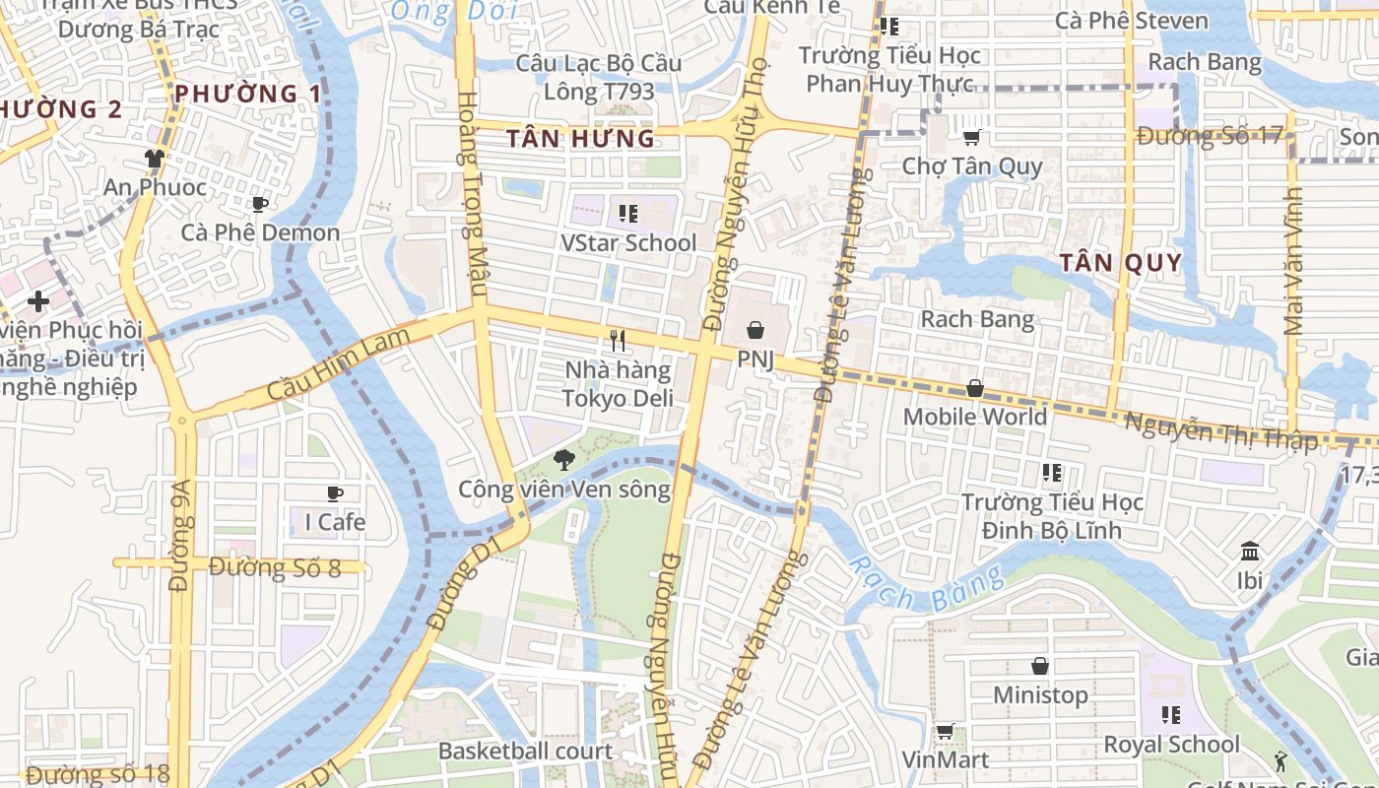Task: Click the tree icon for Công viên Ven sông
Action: click(564, 458)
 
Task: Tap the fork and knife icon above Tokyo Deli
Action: click(618, 341)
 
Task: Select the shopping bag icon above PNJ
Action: click(755, 329)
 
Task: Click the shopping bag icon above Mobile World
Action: click(974, 388)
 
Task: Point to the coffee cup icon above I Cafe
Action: click(335, 492)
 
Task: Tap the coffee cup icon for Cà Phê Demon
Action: click(260, 204)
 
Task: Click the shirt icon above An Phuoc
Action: click(155, 158)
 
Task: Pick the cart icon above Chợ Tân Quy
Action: click(971, 137)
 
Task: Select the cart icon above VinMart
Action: click(945, 731)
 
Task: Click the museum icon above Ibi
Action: click(1250, 551)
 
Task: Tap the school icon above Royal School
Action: click(1171, 714)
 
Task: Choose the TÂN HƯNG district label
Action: click(580, 139)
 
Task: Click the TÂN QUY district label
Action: click(1120, 262)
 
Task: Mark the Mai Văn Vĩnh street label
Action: click(1293, 262)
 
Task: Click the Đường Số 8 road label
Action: click(275, 567)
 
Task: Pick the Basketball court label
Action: click(525, 751)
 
